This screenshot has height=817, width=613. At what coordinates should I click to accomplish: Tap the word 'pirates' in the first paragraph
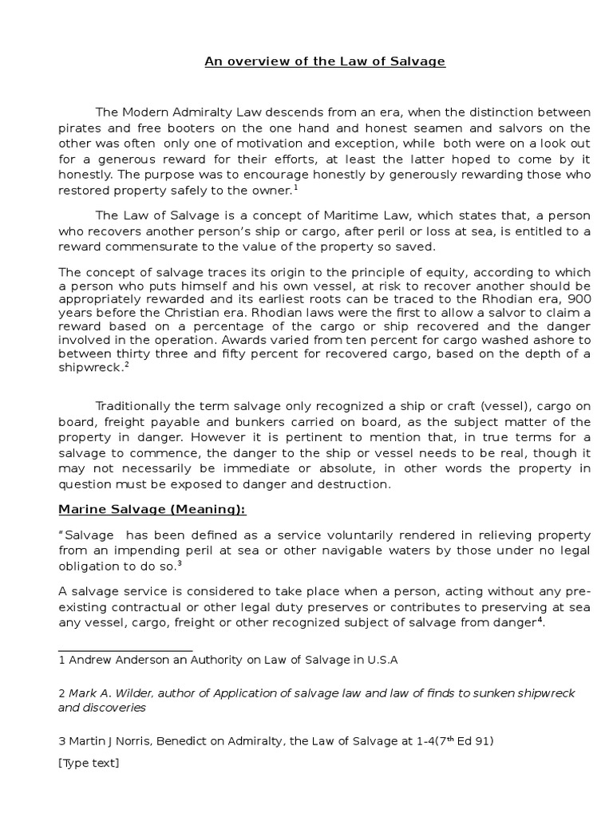tap(80, 128)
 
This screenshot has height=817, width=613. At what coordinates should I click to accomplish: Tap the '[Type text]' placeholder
tap(89, 764)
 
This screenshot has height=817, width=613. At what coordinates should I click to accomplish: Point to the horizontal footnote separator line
tap(126, 651)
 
